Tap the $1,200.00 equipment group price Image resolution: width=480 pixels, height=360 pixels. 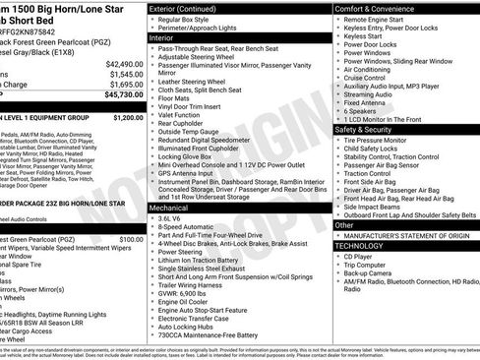click(127, 117)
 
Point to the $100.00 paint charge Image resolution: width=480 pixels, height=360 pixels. click(130, 239)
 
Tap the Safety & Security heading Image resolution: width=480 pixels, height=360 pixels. click(369, 129)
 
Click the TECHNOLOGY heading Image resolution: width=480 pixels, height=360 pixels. click(365, 246)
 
